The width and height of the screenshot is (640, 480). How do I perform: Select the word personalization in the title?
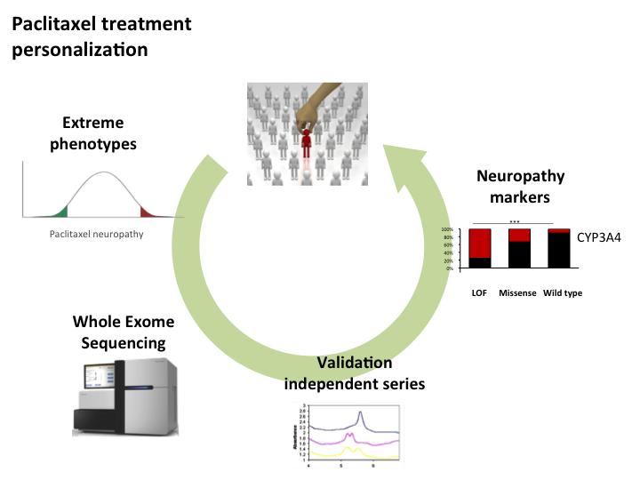click(x=79, y=49)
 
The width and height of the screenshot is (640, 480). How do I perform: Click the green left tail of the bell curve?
click(x=55, y=212)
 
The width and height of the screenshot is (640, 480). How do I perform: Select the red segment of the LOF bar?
click(x=481, y=243)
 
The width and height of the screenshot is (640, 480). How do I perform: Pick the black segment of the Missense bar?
click(x=519, y=255)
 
